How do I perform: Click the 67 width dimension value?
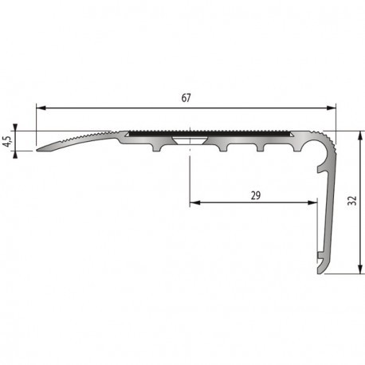tap(186, 98)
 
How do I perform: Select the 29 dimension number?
tap(255, 194)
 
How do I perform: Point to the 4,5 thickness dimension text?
tap(7, 140)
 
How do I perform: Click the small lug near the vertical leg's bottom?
tap(319, 257)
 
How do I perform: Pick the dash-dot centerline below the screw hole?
tap(190, 171)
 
